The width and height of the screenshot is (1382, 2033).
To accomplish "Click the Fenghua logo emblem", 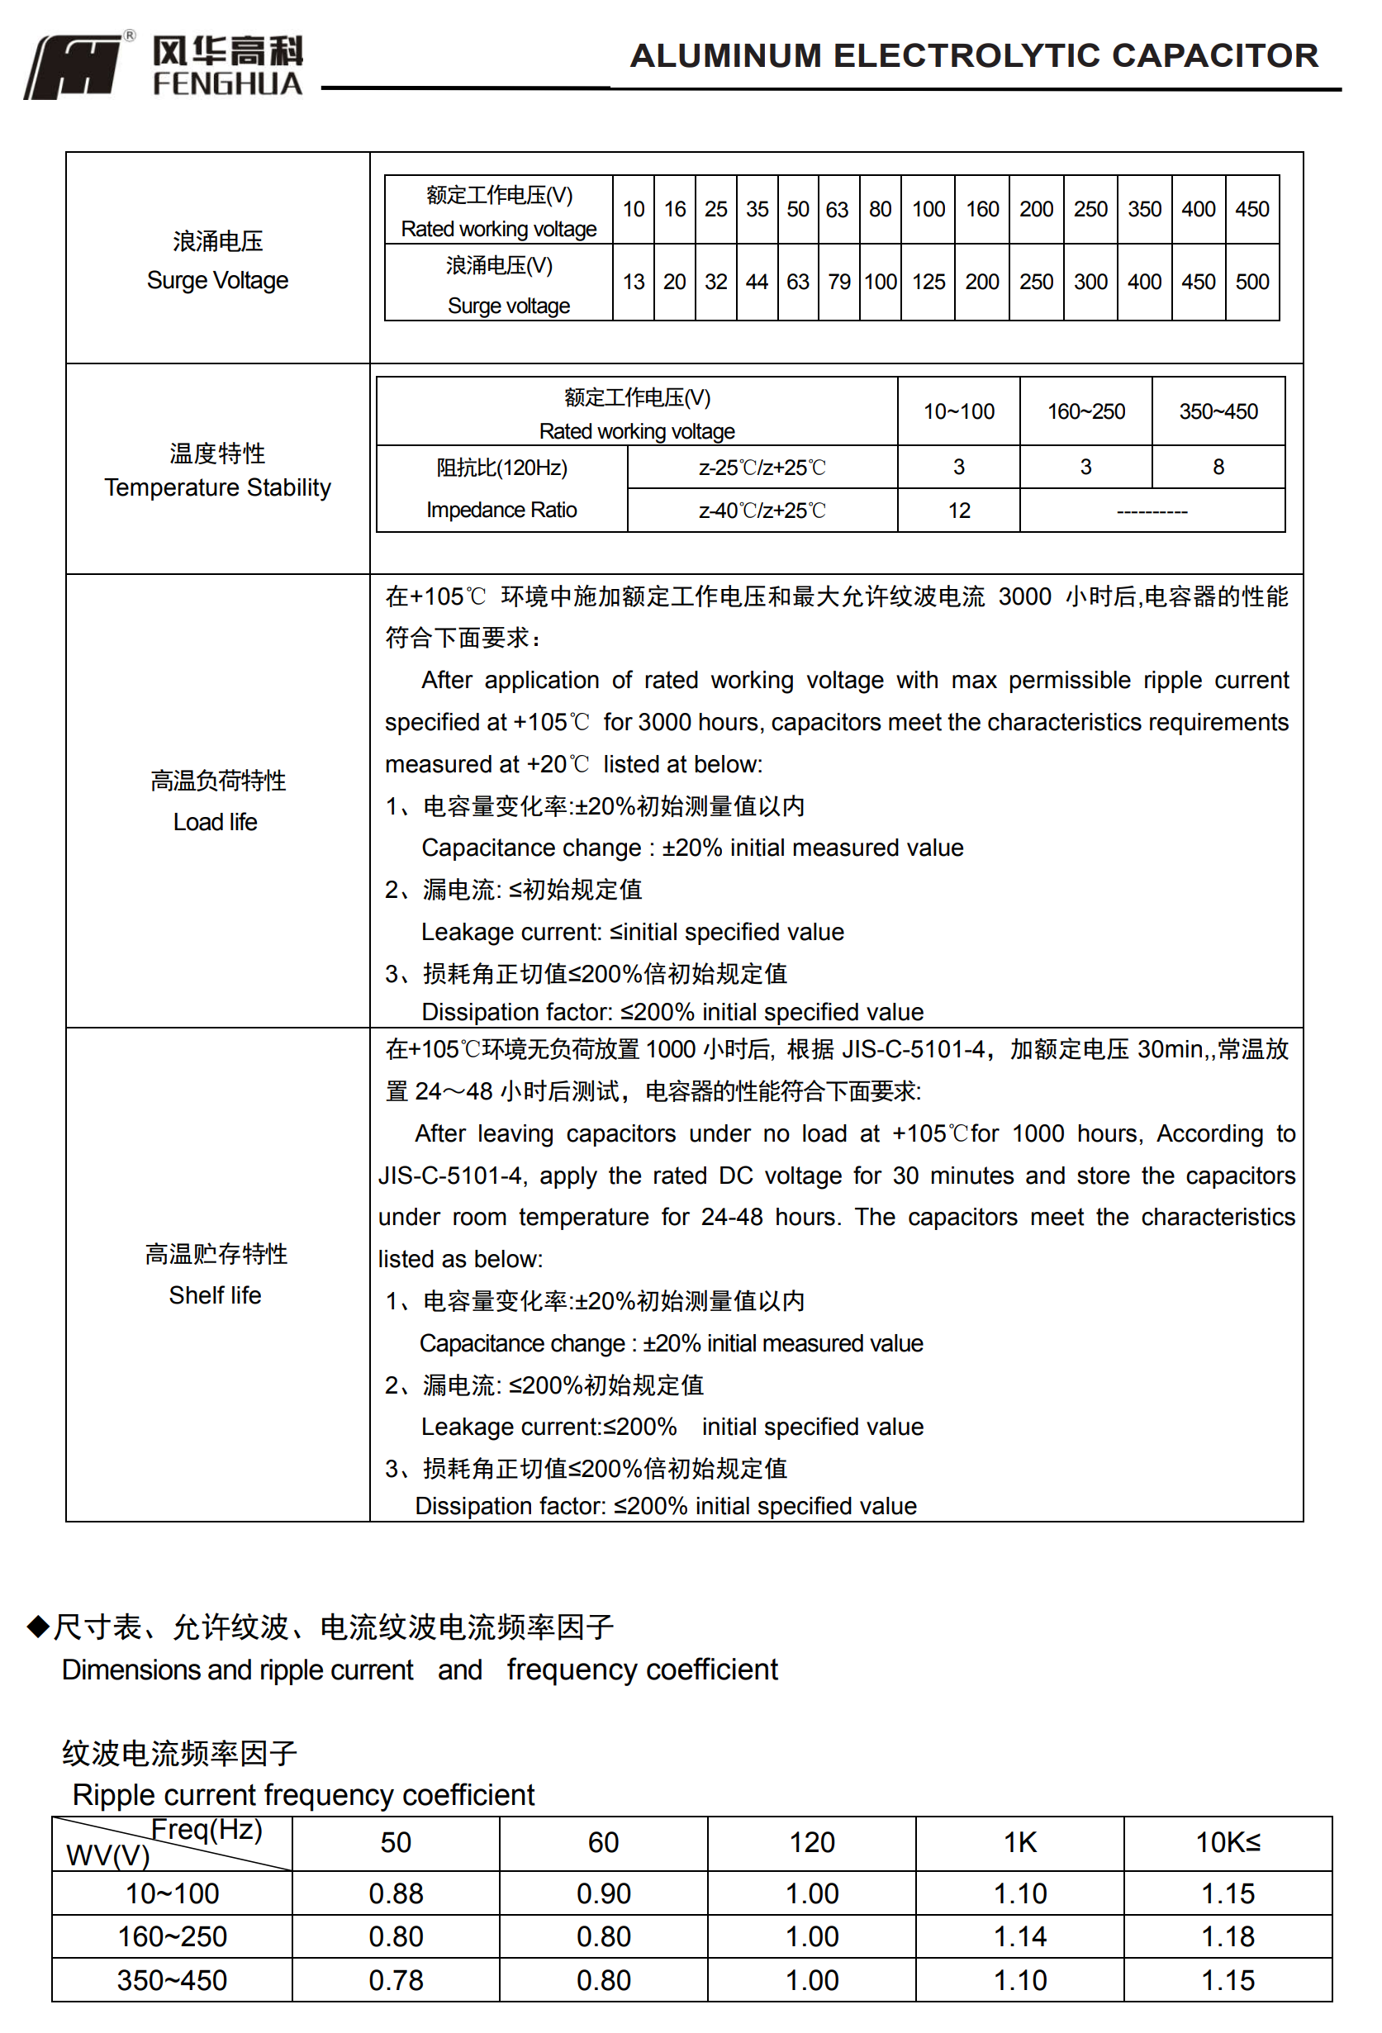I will tap(74, 66).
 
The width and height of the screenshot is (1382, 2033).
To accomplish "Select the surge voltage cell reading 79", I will tap(838, 282).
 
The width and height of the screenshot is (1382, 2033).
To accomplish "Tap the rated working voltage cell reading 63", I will tap(837, 210).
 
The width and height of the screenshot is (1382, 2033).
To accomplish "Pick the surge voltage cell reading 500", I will tap(1251, 282).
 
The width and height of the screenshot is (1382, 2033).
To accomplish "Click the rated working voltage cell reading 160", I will tap(981, 210).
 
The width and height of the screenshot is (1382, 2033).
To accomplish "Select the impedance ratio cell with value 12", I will tap(959, 511).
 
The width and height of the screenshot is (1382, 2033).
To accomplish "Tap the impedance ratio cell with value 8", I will tap(1218, 467).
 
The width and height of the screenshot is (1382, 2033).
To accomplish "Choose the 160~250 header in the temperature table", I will tap(1085, 412).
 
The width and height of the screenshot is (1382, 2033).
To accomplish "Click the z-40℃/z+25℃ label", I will tap(762, 511).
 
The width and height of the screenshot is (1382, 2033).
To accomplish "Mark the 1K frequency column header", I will tap(1019, 1843).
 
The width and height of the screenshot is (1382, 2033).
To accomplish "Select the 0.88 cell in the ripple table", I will tap(396, 1894).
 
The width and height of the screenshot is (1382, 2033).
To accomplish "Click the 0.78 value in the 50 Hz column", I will tap(396, 1980).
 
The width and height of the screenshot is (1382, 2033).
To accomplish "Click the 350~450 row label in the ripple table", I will tap(172, 1980).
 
